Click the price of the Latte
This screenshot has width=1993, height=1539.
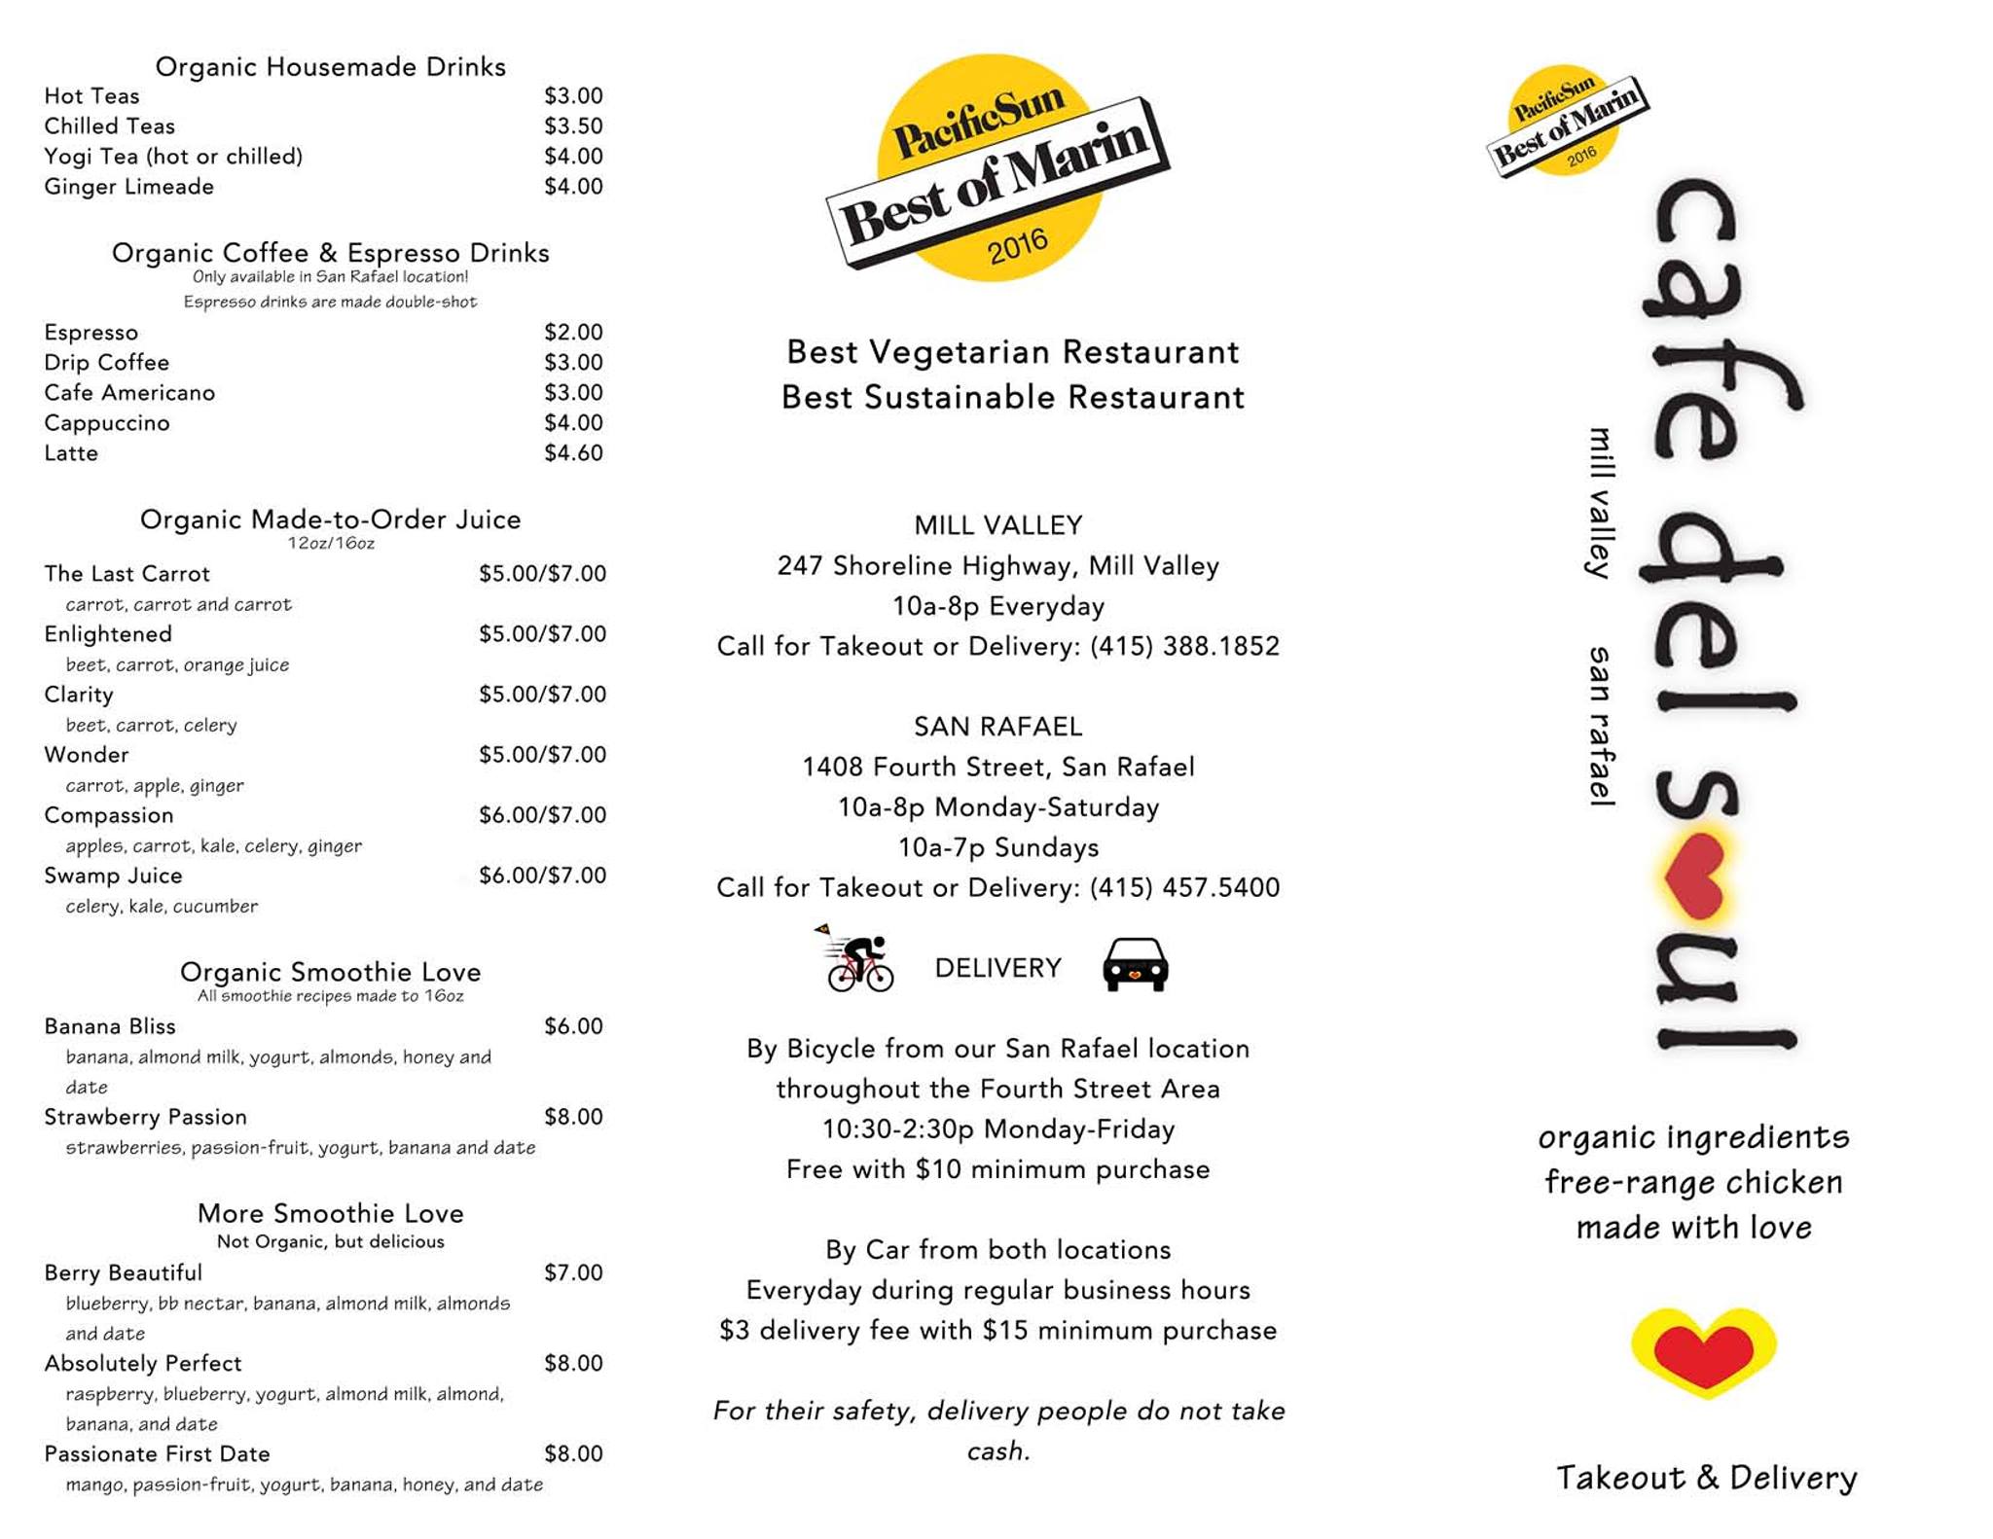(x=573, y=453)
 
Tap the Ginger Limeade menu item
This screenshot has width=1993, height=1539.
(x=128, y=187)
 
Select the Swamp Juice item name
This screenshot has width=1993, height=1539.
(x=113, y=876)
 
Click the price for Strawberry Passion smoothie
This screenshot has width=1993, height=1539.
(x=573, y=1117)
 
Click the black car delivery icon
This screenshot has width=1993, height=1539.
(x=1135, y=964)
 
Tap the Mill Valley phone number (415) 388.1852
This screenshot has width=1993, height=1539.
(x=1184, y=647)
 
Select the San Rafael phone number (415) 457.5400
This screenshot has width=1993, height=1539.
(x=1184, y=888)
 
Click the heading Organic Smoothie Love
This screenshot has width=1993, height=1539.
(x=330, y=972)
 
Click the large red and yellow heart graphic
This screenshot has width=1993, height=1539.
(x=1703, y=1351)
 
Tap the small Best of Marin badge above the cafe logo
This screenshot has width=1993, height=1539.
(x=1566, y=123)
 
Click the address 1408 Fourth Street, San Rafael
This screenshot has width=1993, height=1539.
(x=997, y=768)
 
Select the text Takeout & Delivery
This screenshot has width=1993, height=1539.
(x=1706, y=1478)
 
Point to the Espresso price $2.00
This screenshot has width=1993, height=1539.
(x=573, y=333)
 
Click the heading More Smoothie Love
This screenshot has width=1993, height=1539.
(x=330, y=1213)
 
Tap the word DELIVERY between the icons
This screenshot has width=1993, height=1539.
(x=997, y=968)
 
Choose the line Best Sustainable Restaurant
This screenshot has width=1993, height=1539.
(x=1012, y=398)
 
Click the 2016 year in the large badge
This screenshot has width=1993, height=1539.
(x=1017, y=247)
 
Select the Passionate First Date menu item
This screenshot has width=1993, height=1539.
(x=157, y=1454)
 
